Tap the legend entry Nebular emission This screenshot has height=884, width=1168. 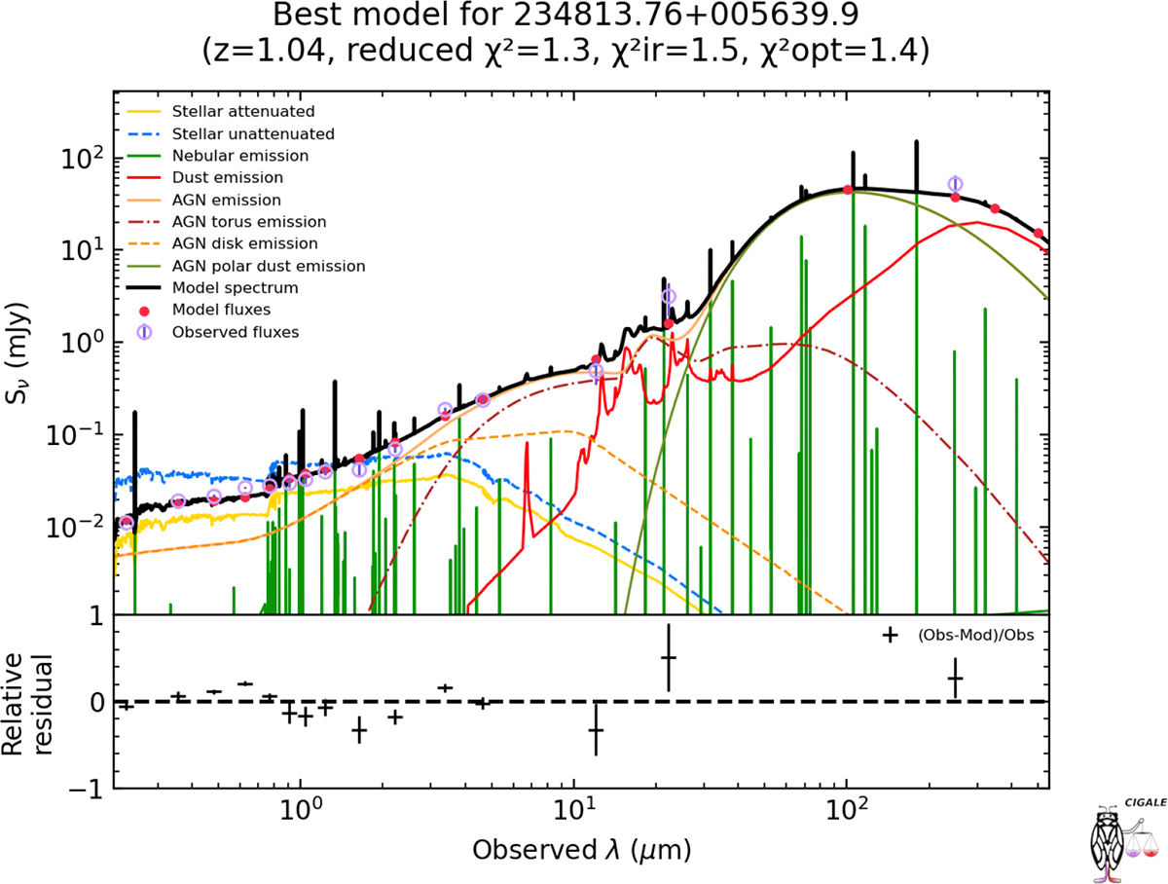pyautogui.click(x=238, y=156)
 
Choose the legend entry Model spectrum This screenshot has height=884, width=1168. pyautogui.click(x=234, y=288)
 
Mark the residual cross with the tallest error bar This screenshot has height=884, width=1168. pyautogui.click(x=596, y=729)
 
